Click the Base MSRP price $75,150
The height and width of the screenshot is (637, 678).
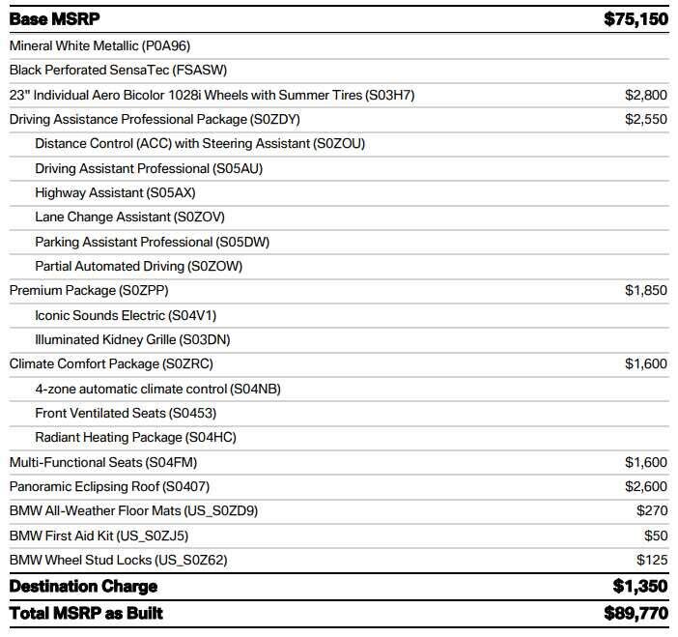636,19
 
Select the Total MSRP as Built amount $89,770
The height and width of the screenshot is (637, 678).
636,613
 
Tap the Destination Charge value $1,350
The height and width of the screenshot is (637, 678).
640,586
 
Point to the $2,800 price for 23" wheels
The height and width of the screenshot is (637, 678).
646,95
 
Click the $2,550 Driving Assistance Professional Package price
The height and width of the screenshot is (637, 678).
646,119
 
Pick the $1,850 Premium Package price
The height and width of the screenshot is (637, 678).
646,290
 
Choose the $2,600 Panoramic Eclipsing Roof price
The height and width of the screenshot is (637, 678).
646,486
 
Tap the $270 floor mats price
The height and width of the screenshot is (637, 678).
652,510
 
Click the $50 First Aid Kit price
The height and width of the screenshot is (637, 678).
656,536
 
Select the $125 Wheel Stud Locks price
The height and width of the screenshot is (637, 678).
652,560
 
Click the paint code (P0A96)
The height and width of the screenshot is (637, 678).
166,45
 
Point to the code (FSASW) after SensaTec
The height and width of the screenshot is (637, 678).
199,71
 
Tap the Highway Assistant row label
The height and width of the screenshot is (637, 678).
115,192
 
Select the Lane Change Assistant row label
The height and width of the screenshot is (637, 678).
129,217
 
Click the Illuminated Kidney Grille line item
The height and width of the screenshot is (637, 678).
132,339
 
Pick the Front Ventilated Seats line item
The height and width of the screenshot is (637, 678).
126,414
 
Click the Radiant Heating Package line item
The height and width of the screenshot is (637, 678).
135,438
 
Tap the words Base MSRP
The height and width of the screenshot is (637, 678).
54,19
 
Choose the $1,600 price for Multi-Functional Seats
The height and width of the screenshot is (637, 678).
646,462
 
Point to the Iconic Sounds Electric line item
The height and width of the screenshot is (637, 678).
126,315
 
